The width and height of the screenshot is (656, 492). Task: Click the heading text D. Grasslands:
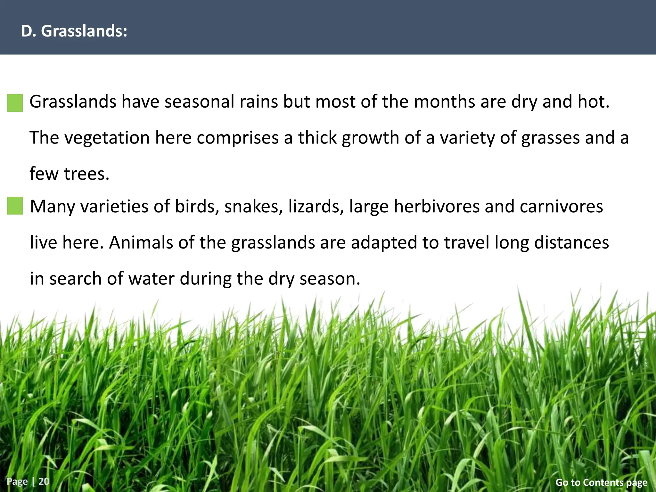[x=74, y=31]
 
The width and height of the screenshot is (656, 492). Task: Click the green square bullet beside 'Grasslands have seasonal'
[x=15, y=103]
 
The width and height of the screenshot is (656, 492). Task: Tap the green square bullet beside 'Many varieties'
[x=15, y=206]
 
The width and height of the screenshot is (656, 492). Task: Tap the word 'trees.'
[x=87, y=174]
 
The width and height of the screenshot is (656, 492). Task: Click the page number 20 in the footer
[x=44, y=481]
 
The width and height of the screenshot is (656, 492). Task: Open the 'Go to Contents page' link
[x=601, y=482]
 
